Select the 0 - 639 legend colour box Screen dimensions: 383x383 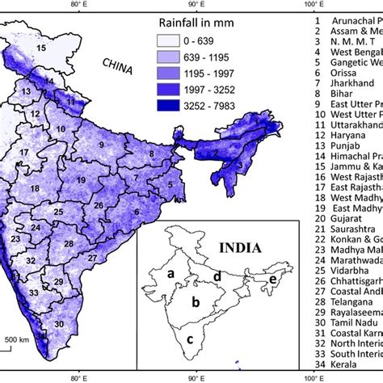click(x=170, y=39)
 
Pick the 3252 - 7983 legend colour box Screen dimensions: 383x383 click(x=170, y=103)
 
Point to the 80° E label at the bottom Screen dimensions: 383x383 click(x=79, y=376)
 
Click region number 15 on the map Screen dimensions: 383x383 click(x=42, y=51)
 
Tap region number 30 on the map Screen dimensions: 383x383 click(x=80, y=323)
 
